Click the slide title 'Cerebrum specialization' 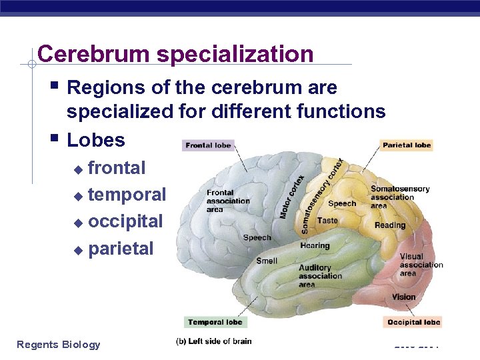click(x=175, y=54)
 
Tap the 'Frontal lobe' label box click(x=208, y=145)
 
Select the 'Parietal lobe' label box click(x=407, y=145)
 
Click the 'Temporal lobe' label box click(x=214, y=322)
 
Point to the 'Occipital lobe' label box click(x=413, y=322)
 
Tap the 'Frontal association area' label click(x=228, y=201)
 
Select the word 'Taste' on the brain click(x=327, y=220)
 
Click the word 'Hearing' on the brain click(x=315, y=245)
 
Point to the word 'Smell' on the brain click(x=267, y=261)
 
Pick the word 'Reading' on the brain click(x=389, y=225)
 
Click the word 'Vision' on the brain click(x=403, y=297)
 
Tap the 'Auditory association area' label click(x=320, y=276)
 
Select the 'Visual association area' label click(x=421, y=265)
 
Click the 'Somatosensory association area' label click(x=399, y=197)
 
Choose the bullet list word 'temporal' click(x=127, y=195)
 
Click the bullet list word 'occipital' click(x=125, y=221)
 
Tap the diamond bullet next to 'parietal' click(x=78, y=251)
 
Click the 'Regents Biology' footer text click(x=59, y=344)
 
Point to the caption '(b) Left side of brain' click(x=213, y=341)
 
